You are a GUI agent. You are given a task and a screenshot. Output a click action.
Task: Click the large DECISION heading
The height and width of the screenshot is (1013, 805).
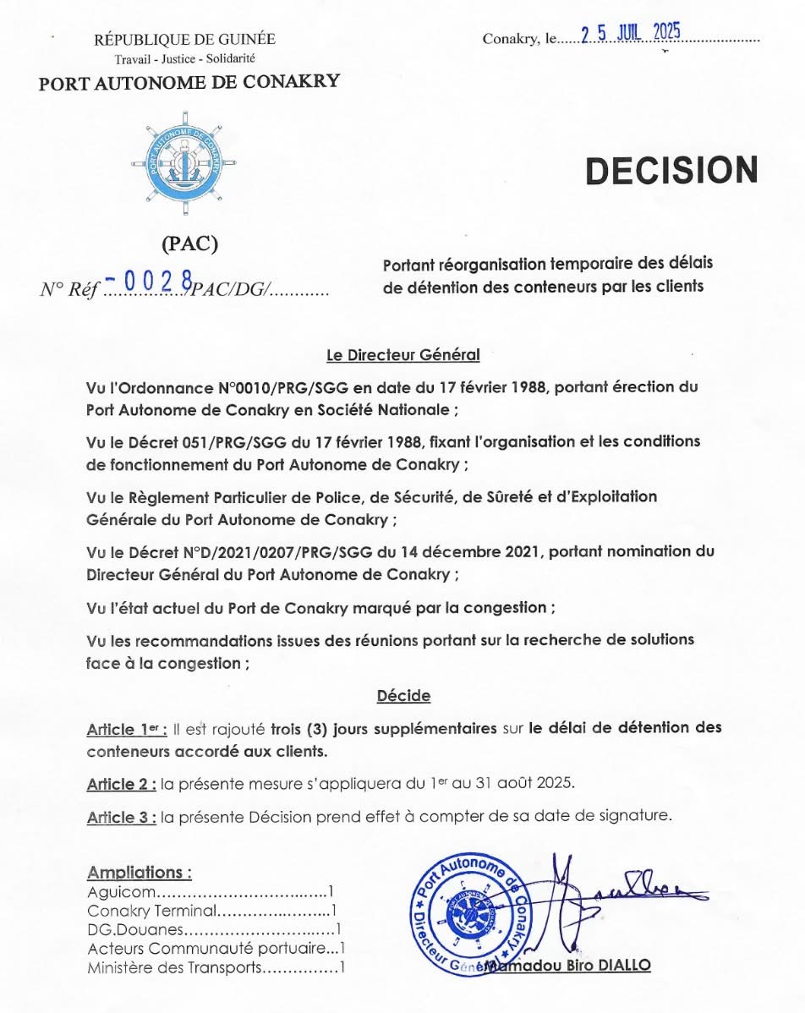coord(671,170)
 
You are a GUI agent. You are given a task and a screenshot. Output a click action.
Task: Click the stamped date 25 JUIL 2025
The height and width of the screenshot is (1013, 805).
coord(631,34)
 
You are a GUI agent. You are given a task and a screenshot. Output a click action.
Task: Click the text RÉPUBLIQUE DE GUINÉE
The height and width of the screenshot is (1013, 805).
coord(184,40)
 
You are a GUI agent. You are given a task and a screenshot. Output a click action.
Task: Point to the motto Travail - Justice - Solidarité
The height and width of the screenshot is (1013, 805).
coord(184,59)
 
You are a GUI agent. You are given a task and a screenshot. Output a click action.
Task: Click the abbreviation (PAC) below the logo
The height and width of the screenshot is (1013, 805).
coord(189,244)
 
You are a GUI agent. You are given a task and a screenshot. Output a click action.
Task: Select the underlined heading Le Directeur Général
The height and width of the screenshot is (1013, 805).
coord(402,355)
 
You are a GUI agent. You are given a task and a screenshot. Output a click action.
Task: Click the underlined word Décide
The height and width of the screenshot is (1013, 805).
coord(403,696)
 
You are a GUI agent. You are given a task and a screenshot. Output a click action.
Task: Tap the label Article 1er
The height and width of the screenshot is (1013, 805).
coord(126,730)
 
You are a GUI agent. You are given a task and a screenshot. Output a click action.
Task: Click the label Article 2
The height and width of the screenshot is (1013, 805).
coord(121,784)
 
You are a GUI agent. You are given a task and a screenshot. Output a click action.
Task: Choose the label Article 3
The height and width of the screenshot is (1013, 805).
coord(121,817)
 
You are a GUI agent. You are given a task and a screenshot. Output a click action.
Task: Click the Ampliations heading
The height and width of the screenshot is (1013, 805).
coord(140,872)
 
